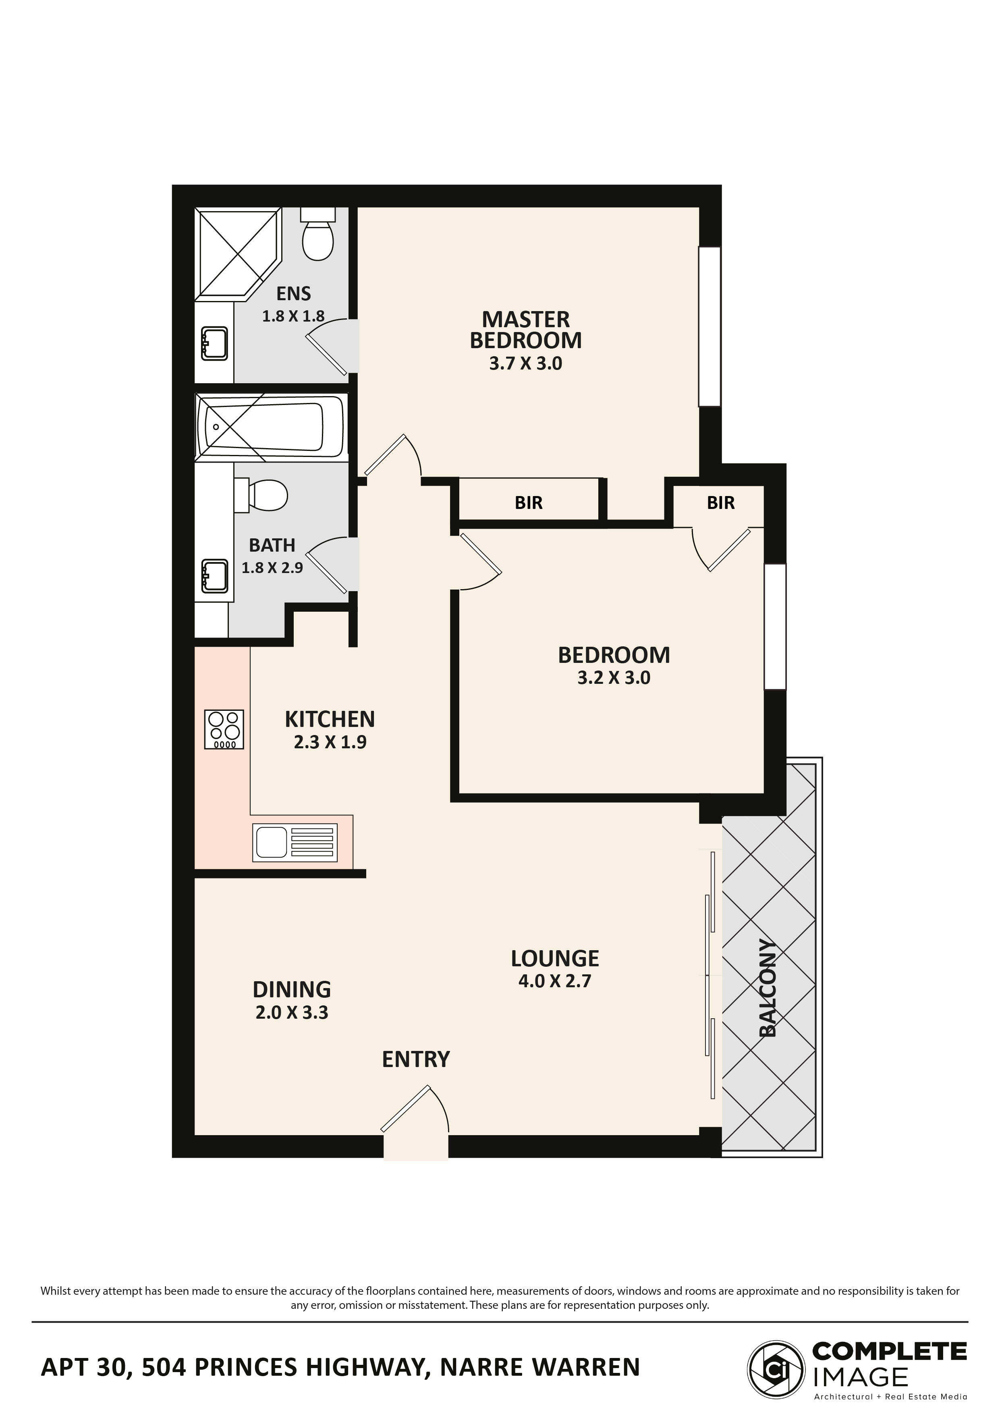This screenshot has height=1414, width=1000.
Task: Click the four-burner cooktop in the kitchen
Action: [x=224, y=729]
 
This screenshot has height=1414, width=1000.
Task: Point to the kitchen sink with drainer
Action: [x=295, y=843]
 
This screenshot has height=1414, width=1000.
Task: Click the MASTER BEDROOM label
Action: [x=525, y=330]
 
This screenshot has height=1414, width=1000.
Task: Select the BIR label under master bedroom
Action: [x=528, y=503]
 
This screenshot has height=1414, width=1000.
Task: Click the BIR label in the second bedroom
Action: [x=720, y=503]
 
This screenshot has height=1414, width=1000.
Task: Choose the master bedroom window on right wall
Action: [x=710, y=326]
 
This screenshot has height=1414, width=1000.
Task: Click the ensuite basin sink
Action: [x=214, y=343]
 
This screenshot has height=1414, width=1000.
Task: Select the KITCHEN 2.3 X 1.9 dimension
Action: [x=330, y=742]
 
